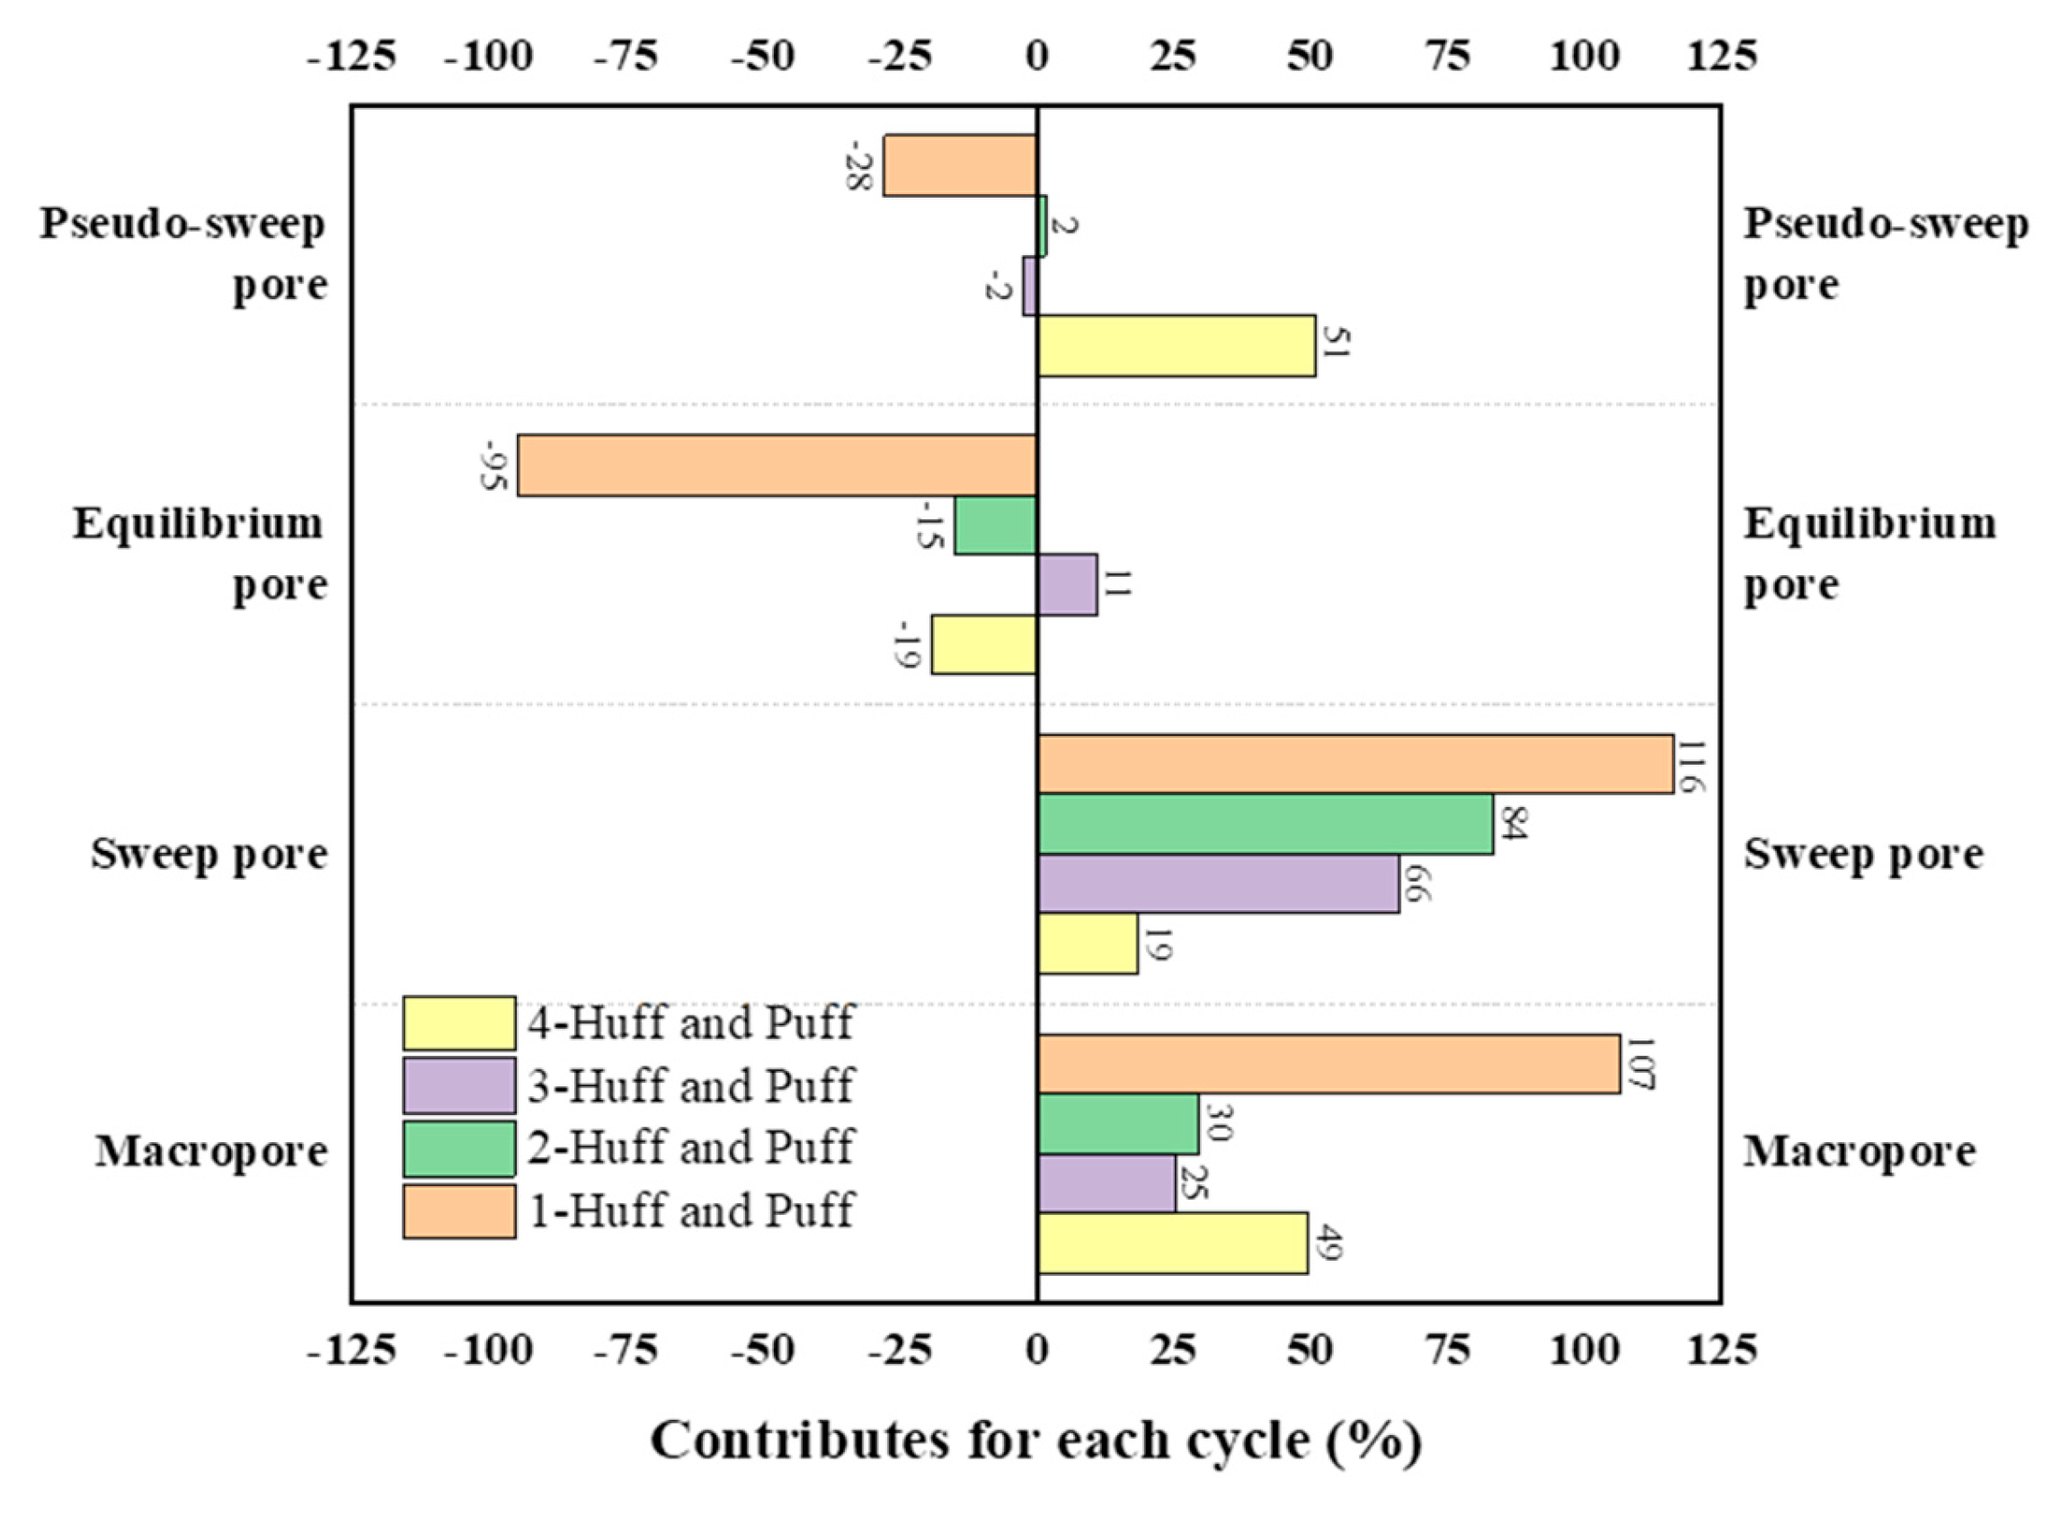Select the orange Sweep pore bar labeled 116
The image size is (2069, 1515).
[1354, 764]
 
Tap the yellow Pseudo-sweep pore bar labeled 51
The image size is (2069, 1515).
[1176, 346]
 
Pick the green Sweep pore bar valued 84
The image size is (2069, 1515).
[1265, 823]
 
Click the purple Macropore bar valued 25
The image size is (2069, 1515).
[1106, 1183]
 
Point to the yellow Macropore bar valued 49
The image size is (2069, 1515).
[1172, 1243]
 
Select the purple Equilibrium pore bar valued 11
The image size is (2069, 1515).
[1067, 584]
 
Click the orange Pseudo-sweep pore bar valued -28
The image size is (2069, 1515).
[959, 165]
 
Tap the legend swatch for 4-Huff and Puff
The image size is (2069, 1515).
[458, 1023]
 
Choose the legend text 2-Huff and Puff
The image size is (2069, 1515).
[689, 1147]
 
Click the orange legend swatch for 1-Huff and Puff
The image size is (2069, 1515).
[458, 1210]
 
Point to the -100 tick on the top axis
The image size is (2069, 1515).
[488, 57]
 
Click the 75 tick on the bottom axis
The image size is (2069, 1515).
[1448, 1350]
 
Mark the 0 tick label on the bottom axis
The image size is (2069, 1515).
[1036, 1350]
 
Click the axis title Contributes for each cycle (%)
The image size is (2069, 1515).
[1035, 1440]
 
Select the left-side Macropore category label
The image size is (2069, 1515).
[211, 1151]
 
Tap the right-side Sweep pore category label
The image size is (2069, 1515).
[1862, 854]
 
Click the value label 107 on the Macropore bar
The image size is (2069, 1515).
[1638, 1064]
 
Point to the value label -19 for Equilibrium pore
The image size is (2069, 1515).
[907, 643]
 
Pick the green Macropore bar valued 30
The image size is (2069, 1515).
[1117, 1123]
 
